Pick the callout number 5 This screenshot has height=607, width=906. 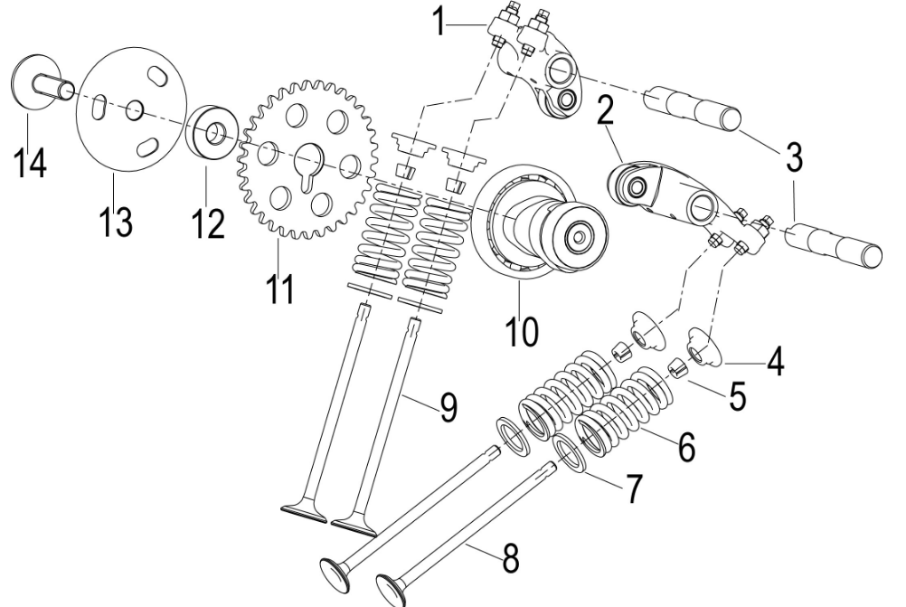pos(737,396)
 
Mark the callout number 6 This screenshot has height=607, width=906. pos(686,445)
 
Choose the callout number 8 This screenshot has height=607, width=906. pos(511,557)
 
